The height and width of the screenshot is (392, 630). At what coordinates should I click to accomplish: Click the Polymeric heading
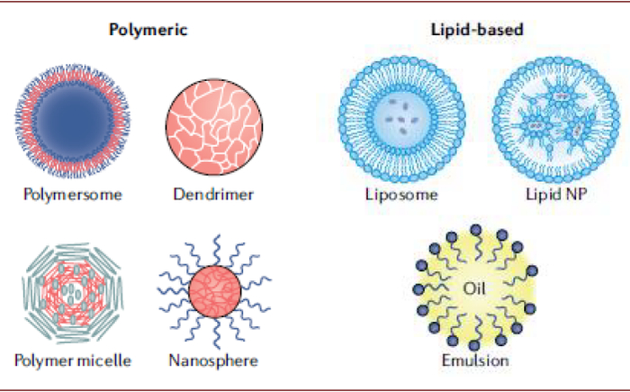click(148, 30)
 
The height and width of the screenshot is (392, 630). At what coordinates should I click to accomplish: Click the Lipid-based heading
click(477, 30)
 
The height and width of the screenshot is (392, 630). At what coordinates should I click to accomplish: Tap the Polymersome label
click(73, 195)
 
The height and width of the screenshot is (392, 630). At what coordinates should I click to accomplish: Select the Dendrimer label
click(213, 195)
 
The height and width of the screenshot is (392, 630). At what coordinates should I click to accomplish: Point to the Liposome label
click(401, 195)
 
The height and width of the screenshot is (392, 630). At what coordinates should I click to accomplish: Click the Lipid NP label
click(556, 194)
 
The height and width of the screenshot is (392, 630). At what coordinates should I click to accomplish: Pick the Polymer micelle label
click(73, 360)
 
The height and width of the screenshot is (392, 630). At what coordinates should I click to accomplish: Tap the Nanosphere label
click(213, 360)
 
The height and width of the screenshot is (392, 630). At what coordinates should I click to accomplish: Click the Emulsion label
click(475, 360)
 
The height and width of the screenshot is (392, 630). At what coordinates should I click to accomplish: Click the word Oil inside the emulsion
click(474, 288)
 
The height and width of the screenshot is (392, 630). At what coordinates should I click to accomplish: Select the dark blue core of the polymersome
click(73, 121)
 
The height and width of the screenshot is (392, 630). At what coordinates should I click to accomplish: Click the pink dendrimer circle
click(214, 127)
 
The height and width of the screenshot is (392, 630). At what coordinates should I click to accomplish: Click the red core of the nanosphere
click(215, 291)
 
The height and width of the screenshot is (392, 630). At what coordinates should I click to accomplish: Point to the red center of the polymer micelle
click(72, 293)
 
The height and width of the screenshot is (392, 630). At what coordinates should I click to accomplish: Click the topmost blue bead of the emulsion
click(476, 230)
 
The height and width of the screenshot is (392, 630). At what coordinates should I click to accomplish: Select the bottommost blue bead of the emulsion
click(474, 345)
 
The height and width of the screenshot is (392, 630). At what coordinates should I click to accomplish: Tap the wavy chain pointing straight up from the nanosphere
click(217, 250)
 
